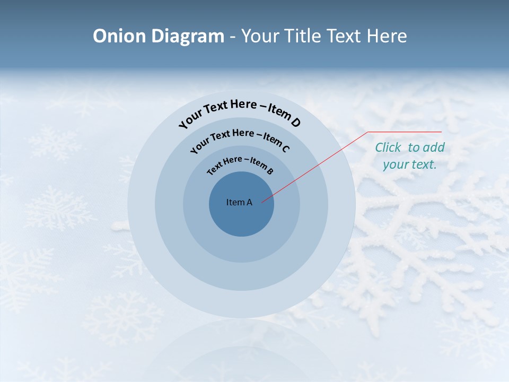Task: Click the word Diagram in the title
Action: (x=188, y=36)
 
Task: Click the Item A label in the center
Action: (x=239, y=202)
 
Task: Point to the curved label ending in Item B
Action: (x=240, y=163)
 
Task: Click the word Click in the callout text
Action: (x=389, y=147)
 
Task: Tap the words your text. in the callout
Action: (x=410, y=164)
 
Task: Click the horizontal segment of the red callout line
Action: (x=405, y=132)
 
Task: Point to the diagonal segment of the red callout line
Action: (x=315, y=167)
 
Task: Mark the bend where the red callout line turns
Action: (x=368, y=132)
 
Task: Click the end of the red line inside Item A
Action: (x=262, y=201)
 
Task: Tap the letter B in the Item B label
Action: (x=270, y=171)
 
